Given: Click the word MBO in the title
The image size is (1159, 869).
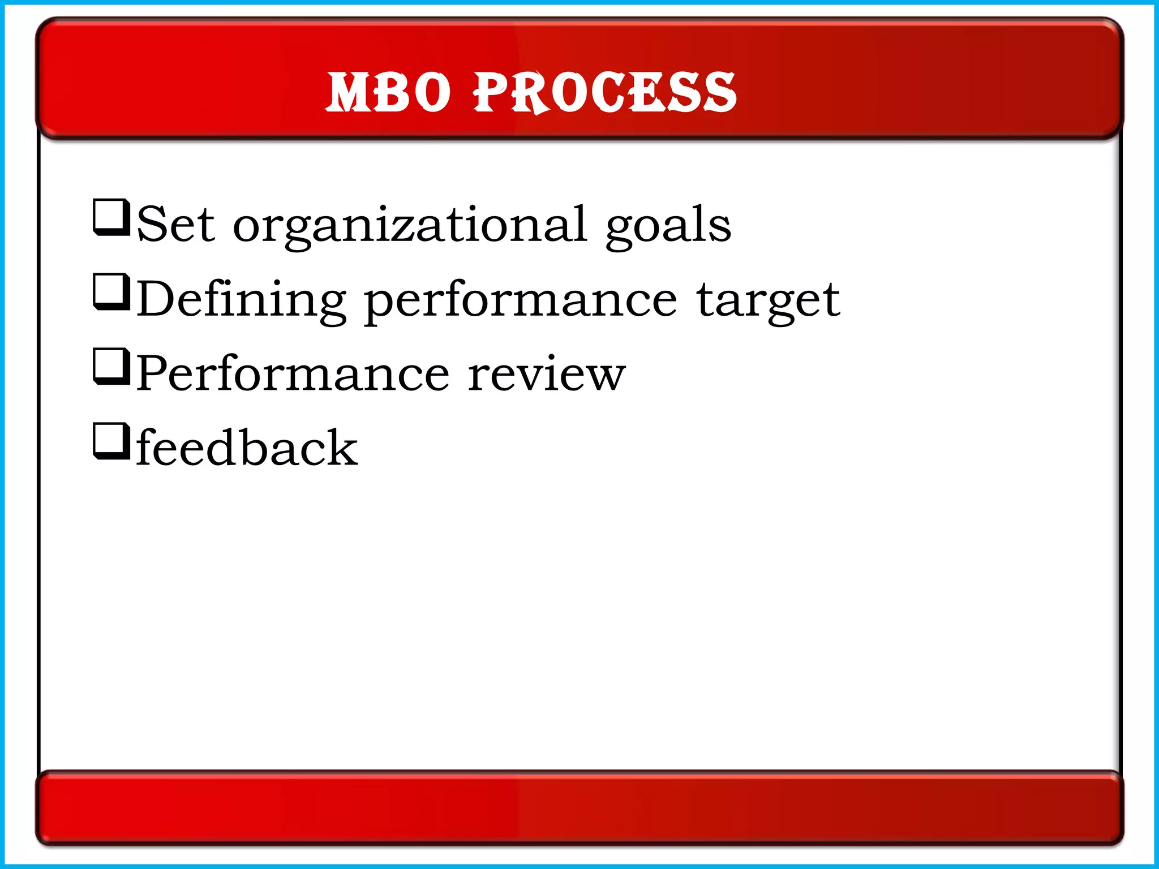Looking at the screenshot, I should pos(388,92).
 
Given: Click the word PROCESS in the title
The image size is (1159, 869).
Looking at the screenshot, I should pos(605,92).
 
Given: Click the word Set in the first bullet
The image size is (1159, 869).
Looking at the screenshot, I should pos(175,225).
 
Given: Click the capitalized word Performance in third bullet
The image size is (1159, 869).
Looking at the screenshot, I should pos(293,373).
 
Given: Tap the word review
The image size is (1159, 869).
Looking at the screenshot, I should pos(546,375).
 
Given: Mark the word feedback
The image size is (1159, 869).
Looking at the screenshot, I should pos(247,448).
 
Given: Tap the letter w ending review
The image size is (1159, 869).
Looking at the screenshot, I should pos(606,376).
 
